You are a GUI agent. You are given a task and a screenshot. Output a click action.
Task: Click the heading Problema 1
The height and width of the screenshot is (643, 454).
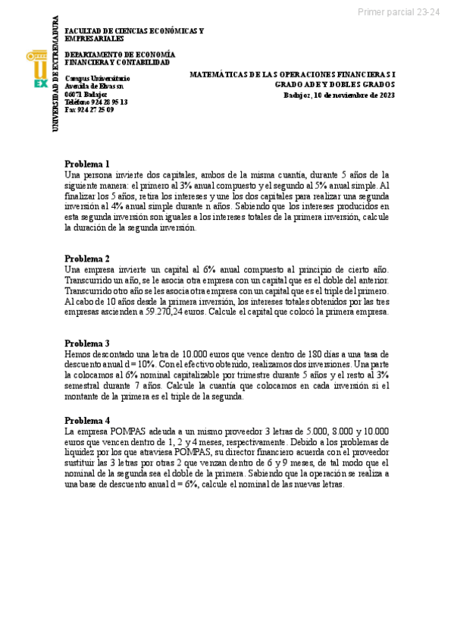pyautogui.click(x=87, y=164)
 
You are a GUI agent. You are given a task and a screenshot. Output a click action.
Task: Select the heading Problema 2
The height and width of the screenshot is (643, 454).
pyautogui.click(x=87, y=259)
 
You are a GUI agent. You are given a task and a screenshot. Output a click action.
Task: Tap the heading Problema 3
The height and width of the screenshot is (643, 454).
pyautogui.click(x=87, y=343)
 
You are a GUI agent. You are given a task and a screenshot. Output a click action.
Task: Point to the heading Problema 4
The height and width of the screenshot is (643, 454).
pyautogui.click(x=87, y=420)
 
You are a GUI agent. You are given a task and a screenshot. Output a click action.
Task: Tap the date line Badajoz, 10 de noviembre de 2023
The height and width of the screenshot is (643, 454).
pyautogui.click(x=339, y=96)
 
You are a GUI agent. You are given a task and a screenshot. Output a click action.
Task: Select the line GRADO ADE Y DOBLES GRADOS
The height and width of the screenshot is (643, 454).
pyautogui.click(x=334, y=85)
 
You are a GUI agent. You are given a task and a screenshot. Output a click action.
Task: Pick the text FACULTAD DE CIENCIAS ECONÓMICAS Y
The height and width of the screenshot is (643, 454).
pyautogui.click(x=134, y=30)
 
